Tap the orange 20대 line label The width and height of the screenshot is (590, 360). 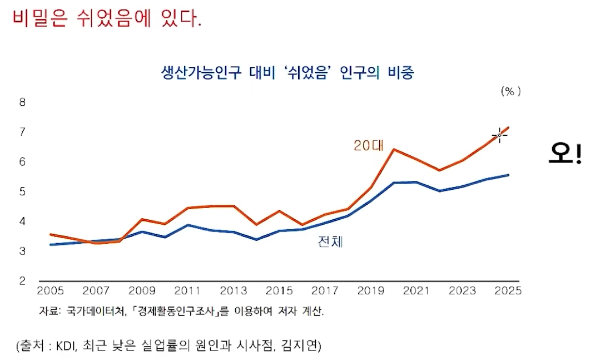tap(367, 145)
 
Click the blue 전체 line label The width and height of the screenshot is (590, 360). tap(330, 242)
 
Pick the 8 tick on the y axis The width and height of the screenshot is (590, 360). tap(22, 102)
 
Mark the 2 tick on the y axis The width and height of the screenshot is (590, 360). tap(22, 281)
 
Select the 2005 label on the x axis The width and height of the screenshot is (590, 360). tap(50, 291)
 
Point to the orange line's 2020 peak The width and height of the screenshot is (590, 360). tap(394, 149)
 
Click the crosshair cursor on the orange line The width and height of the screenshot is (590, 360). tap(499, 135)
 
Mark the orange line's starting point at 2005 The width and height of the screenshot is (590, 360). tap(51, 234)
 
